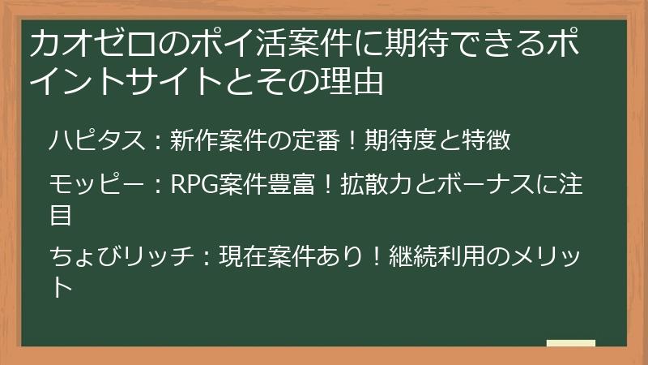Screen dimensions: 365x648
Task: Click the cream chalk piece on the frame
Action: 570,343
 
